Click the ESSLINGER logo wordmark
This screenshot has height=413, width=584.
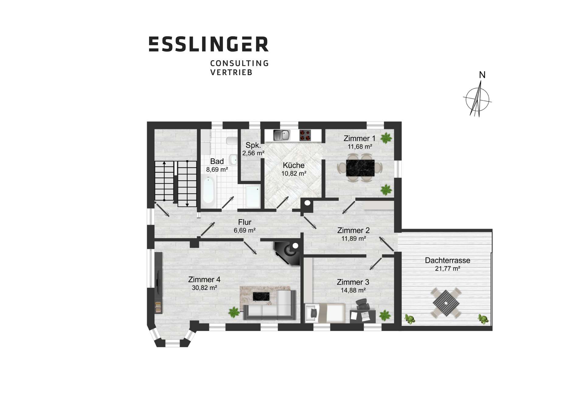click(209, 44)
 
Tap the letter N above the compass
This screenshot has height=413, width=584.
click(482, 75)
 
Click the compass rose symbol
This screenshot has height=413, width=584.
click(477, 99)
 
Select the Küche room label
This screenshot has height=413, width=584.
click(294, 165)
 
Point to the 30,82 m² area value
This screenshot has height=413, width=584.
click(204, 288)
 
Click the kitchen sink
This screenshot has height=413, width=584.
click(282, 135)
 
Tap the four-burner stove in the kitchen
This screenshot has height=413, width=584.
click(305, 135)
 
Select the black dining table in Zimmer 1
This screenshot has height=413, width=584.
click(360, 168)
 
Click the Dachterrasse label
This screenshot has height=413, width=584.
click(447, 260)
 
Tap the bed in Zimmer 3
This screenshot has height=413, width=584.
click(325, 313)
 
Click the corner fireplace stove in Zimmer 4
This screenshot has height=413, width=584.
click(288, 252)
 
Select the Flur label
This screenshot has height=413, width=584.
click(245, 222)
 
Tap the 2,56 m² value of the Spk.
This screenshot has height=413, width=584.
click(253, 153)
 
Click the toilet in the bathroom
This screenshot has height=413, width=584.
click(232, 141)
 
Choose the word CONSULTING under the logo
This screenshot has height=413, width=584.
click(240, 63)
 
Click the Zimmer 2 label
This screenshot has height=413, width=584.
click(353, 230)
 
